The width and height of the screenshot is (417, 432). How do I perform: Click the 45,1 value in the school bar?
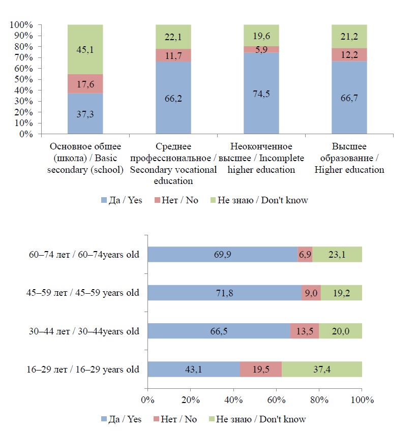[x=85, y=50]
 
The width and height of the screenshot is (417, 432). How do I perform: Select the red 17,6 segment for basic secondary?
[x=85, y=84]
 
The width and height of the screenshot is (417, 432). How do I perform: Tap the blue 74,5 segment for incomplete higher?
[x=261, y=94]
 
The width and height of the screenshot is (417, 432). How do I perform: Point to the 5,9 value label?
[x=261, y=49]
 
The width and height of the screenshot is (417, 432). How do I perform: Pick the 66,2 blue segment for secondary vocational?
[x=173, y=98]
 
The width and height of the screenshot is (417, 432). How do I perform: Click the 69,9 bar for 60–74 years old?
[x=222, y=255]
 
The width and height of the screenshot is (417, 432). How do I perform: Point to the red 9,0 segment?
[x=311, y=293]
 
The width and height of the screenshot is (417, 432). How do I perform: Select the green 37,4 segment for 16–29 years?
[x=322, y=369]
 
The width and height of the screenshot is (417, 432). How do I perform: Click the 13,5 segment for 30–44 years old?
[x=304, y=331]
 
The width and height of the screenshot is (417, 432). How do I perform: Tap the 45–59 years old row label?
[x=83, y=293]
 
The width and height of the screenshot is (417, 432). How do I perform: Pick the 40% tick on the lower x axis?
[x=233, y=400]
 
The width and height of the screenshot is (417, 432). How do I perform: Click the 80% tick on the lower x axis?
[x=319, y=400]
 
